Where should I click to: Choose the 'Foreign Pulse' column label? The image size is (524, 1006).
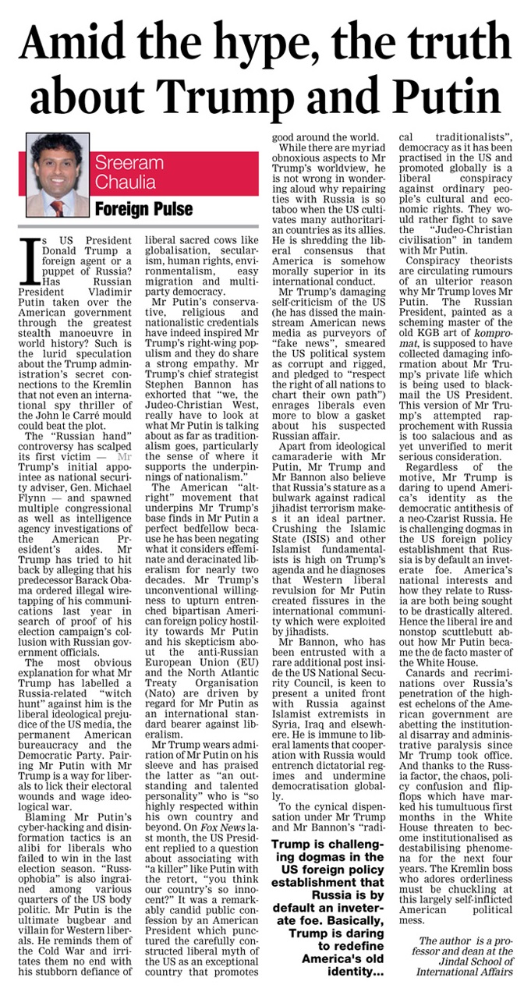141,209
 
